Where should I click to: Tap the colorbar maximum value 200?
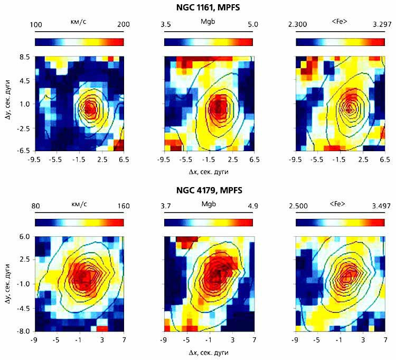coord(115,24)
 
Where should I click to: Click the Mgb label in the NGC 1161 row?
coord(209,23)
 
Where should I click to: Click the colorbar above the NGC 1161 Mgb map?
coord(209,42)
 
